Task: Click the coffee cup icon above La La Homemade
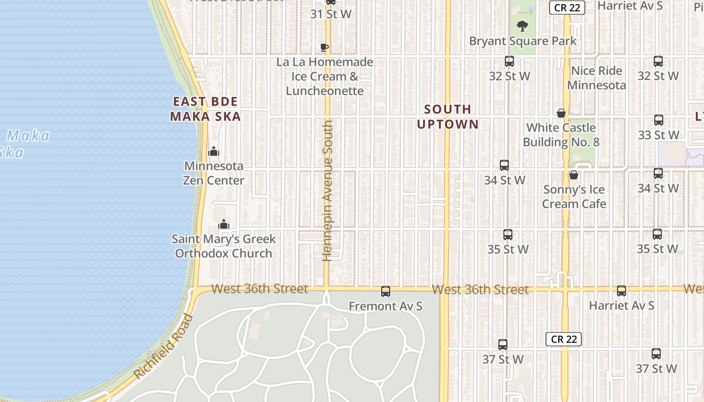tap(324, 47)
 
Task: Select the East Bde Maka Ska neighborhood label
tap(205, 109)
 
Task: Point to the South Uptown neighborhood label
tap(448, 117)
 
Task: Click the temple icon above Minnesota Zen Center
tap(214, 151)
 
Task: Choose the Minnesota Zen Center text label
tap(214, 173)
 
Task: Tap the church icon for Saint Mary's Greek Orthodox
tap(224, 224)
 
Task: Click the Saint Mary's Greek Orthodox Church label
tap(224, 246)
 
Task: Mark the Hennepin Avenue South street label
tap(327, 191)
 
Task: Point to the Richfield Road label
tap(164, 347)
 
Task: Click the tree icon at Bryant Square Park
tap(522, 26)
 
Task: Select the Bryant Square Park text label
tap(523, 41)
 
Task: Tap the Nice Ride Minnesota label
tap(596, 78)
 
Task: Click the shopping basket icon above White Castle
tap(561, 113)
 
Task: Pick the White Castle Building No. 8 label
tap(561, 135)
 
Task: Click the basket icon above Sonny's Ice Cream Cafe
tap(573, 175)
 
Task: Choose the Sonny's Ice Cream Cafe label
tap(574, 196)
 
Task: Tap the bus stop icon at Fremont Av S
tap(386, 291)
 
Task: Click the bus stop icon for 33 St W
tap(658, 121)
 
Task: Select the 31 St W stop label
tap(330, 14)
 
